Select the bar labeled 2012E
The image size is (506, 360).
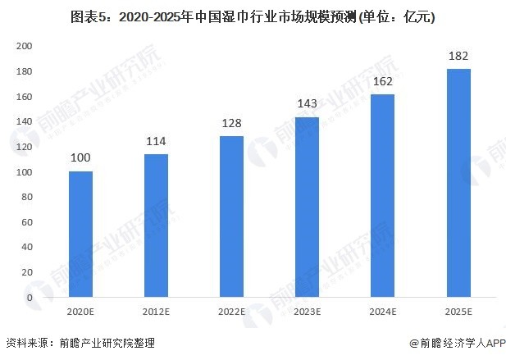point(156,226)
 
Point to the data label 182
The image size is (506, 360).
point(458,57)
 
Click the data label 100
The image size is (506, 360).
point(80,158)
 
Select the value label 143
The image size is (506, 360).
point(307,104)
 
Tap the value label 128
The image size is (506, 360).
point(231,123)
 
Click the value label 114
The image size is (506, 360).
point(156,140)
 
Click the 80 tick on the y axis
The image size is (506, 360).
point(26,222)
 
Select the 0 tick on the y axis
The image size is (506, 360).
point(30,298)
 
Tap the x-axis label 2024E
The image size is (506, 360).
point(382,312)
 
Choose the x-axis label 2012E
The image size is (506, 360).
point(156,312)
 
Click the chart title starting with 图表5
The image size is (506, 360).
point(253,16)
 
